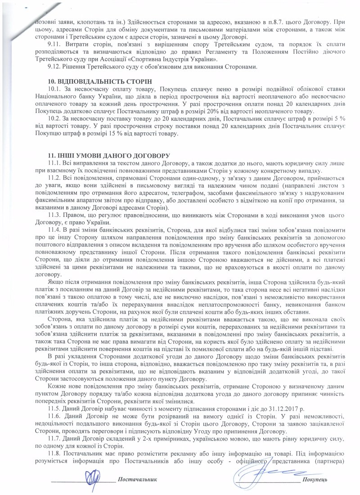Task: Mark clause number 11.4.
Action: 54,229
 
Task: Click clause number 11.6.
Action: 54,417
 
